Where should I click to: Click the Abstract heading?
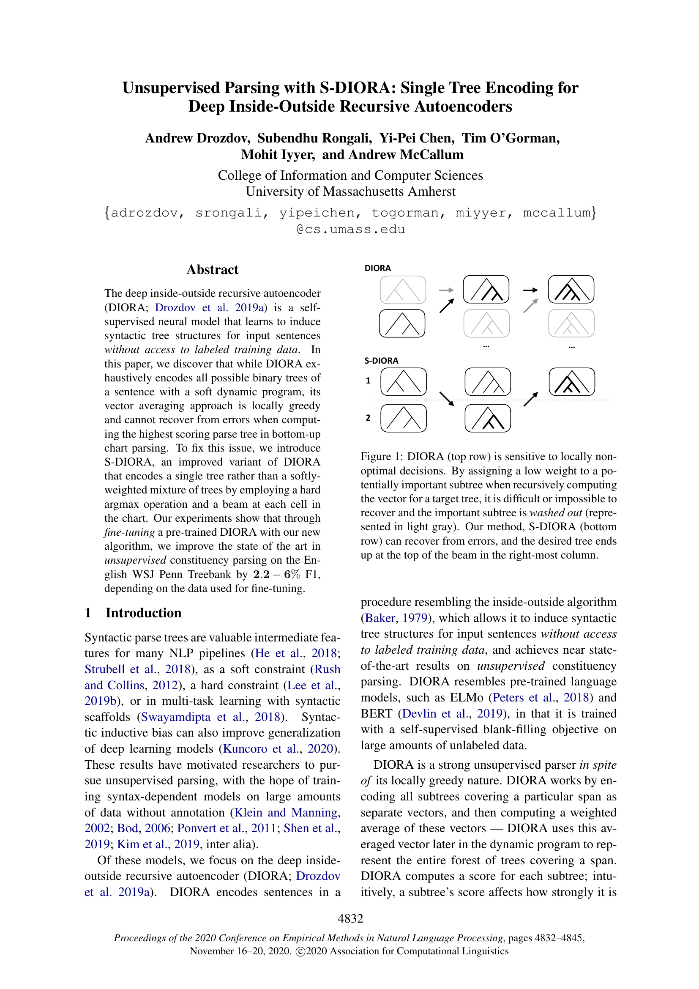click(x=212, y=270)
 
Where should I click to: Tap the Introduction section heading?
click(x=143, y=613)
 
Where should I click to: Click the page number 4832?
click(x=350, y=918)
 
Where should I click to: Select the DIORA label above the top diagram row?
click(x=377, y=268)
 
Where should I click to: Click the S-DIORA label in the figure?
click(x=381, y=361)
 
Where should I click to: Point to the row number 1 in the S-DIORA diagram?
click(x=368, y=381)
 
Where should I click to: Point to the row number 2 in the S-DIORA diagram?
click(x=368, y=418)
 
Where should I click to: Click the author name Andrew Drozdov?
click(x=197, y=138)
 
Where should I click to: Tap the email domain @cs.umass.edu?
click(x=350, y=229)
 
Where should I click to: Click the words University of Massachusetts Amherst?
click(x=350, y=191)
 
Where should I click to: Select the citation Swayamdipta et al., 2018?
click(x=211, y=717)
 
